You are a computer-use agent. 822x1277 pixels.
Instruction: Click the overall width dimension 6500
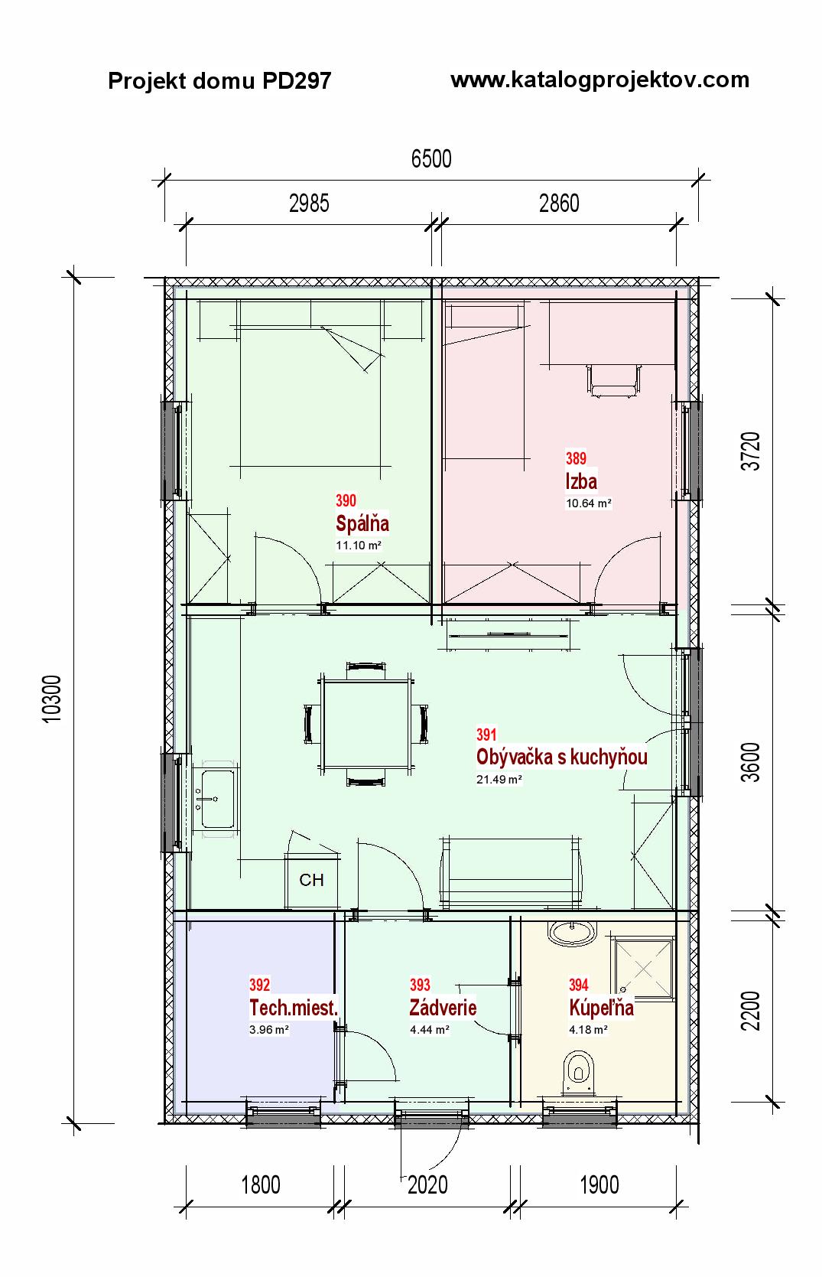(x=431, y=158)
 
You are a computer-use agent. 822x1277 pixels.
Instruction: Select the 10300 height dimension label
(x=53, y=699)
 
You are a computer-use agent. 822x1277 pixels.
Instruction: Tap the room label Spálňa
(x=362, y=523)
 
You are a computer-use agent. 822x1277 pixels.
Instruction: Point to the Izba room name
(x=581, y=481)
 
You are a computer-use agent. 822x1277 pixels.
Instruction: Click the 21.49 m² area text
(x=499, y=780)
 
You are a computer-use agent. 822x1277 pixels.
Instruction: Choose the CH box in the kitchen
(x=312, y=880)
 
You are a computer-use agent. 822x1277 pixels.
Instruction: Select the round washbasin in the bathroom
(x=572, y=933)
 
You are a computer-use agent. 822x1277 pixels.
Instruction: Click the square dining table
(x=366, y=724)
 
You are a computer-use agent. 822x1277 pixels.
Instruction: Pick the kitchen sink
(x=217, y=799)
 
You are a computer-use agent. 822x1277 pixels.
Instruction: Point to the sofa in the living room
(x=510, y=872)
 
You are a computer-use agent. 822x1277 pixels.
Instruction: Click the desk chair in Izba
(x=613, y=380)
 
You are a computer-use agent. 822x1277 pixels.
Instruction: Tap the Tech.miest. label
(x=294, y=1008)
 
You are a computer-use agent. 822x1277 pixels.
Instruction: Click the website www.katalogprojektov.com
(x=599, y=80)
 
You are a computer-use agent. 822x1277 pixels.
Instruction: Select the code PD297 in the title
(x=296, y=81)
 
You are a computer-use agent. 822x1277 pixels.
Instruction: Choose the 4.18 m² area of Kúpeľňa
(x=589, y=1030)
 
